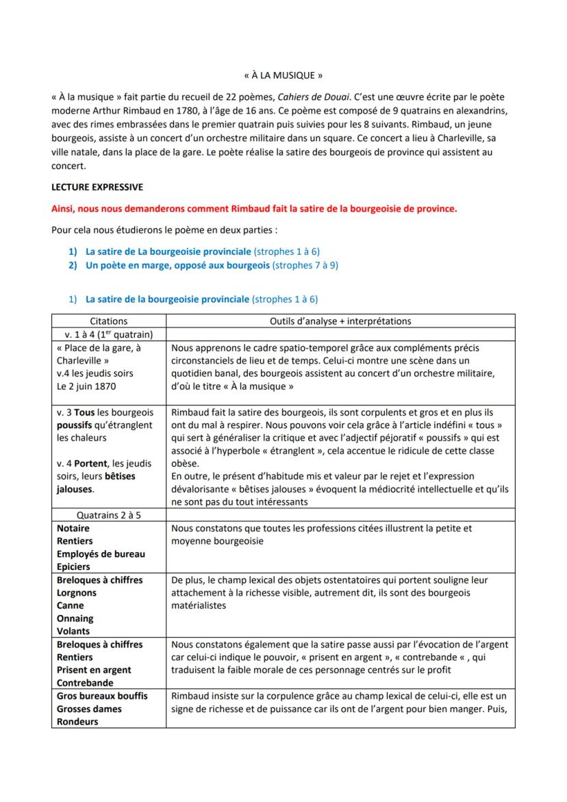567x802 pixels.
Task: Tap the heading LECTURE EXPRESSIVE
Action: pos(97,187)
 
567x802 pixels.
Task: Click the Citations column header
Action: pos(108,321)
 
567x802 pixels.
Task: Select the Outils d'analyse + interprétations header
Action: pos(340,321)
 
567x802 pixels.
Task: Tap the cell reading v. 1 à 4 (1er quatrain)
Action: pos(108,334)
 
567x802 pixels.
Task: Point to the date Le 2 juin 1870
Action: pos(86,386)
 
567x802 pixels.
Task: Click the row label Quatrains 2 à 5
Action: pos(108,516)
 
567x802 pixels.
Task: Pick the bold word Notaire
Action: pos(73,529)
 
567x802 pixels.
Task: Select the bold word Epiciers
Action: pos(73,567)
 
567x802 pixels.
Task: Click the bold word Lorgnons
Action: pos(77,593)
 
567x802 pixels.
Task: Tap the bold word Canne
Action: pos(71,605)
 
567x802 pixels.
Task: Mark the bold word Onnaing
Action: pos(75,618)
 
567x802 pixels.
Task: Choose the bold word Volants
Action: pos(73,631)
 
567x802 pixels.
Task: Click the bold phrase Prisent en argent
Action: pos(94,670)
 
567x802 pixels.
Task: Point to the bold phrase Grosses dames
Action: pos(89,709)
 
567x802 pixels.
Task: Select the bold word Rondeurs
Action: pos(77,722)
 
